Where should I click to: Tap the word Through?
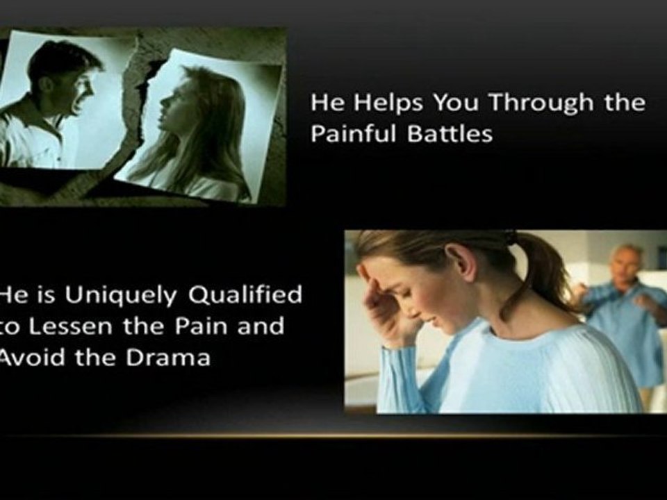pyautogui.click(x=541, y=103)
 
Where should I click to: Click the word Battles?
pyautogui.click(x=450, y=133)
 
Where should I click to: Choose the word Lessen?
pyautogui.click(x=71, y=326)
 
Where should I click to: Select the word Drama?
pyautogui.click(x=168, y=358)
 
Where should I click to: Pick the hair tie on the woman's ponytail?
pyautogui.click(x=511, y=237)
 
